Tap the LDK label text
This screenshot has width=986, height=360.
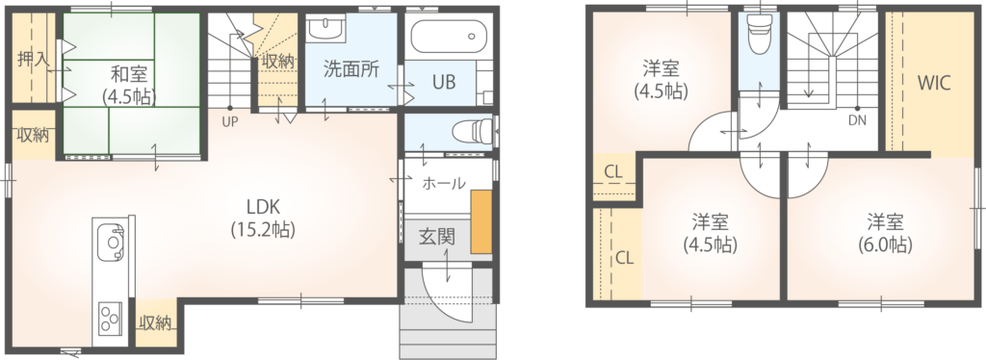point(262,207)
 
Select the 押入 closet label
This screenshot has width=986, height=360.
point(33,61)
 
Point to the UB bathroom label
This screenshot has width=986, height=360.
point(444,83)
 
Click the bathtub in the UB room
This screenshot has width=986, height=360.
point(449,38)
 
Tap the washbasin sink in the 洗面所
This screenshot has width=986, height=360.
point(325,28)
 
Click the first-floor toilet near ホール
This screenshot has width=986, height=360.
point(473,131)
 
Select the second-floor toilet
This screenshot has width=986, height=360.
point(758,35)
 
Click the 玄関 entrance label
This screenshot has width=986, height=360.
point(437,238)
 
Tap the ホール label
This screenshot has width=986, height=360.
point(444,184)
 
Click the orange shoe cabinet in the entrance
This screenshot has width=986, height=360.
point(481,221)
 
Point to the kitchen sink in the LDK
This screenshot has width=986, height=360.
point(114,243)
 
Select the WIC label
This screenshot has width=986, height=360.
point(933,83)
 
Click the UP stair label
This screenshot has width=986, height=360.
point(229,122)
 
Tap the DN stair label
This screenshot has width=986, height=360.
point(857,121)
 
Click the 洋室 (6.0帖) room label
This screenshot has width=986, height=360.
point(886,233)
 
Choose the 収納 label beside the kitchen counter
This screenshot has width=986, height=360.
point(155,323)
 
